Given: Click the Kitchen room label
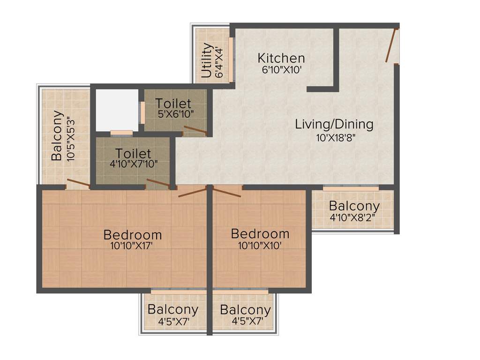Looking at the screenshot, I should pos(281,58).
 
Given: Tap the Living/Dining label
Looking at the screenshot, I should pos(334,124).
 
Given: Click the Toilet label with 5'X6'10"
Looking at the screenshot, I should pos(173,103).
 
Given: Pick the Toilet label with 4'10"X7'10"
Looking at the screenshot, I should pos(133,153).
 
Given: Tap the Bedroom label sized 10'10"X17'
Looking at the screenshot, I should pos(133,234).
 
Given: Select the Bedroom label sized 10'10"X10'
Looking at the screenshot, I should pos(260,233).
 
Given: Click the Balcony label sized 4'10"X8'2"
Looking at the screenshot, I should pos(354,206).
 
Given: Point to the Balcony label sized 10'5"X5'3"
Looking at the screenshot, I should pos(57,135).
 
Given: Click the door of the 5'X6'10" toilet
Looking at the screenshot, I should pos(195,130).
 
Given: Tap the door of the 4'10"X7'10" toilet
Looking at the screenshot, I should pos(158,183).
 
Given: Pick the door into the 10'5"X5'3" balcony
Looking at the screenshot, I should pos(78,183).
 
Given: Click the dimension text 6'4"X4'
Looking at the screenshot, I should pos(218,60).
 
